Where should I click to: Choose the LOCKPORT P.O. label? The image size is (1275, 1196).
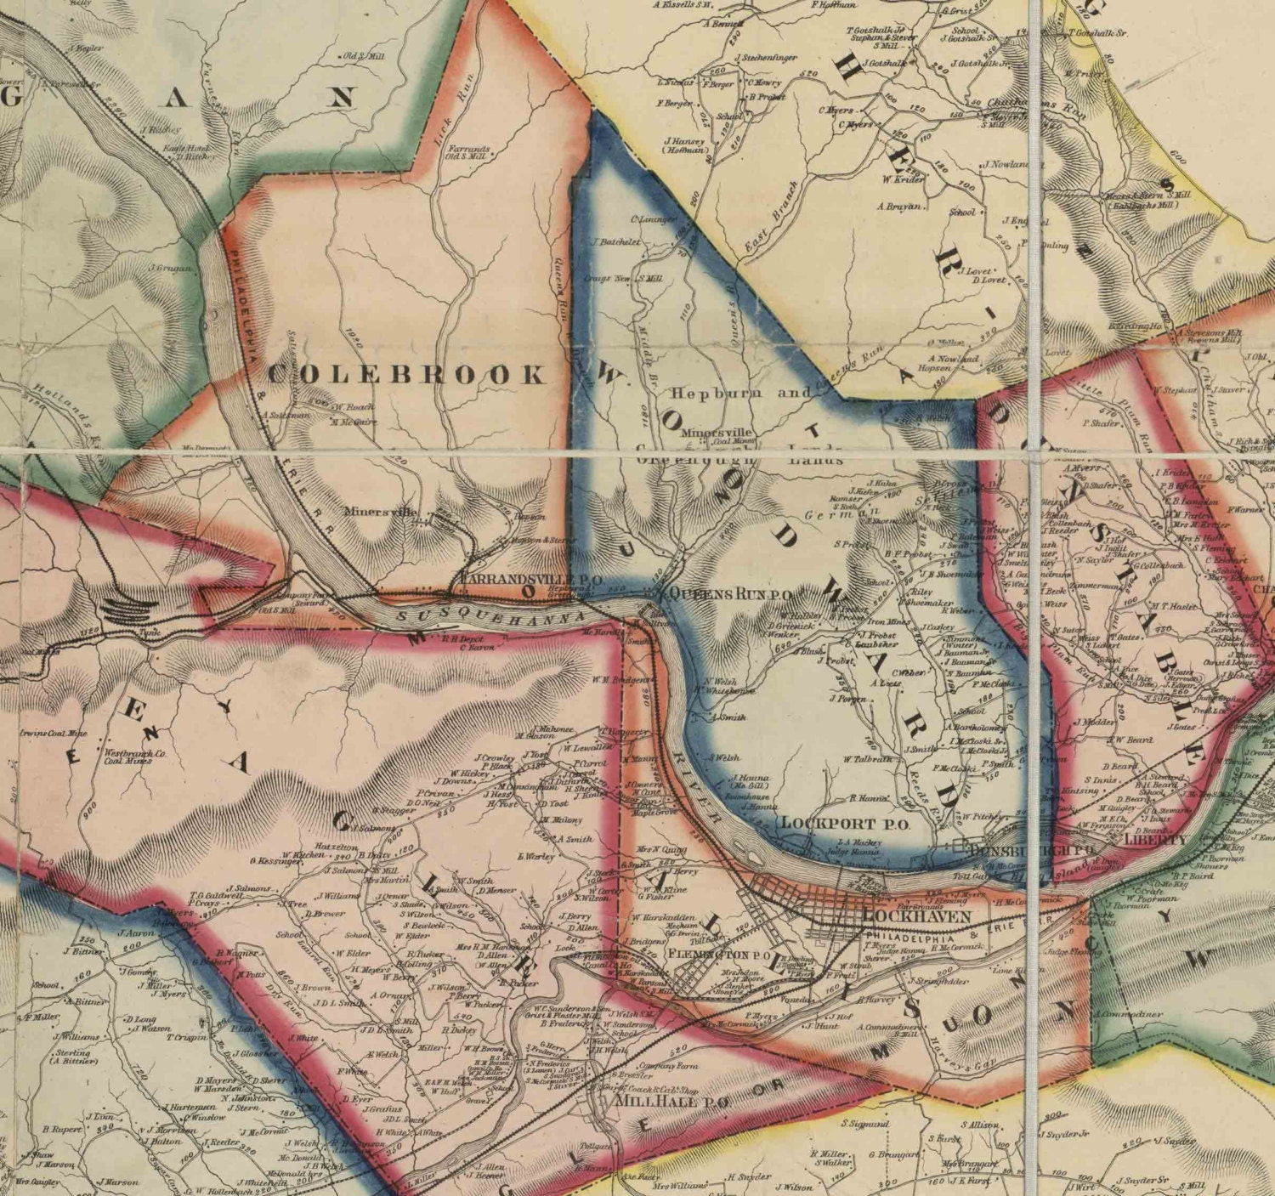845,823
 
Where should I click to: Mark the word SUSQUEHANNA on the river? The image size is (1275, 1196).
491,615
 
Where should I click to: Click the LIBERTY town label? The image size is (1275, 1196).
1155,839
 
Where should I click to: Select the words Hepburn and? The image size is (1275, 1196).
740,394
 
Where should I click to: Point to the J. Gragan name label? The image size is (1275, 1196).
172,268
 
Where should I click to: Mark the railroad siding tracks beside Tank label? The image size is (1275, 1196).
128,606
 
